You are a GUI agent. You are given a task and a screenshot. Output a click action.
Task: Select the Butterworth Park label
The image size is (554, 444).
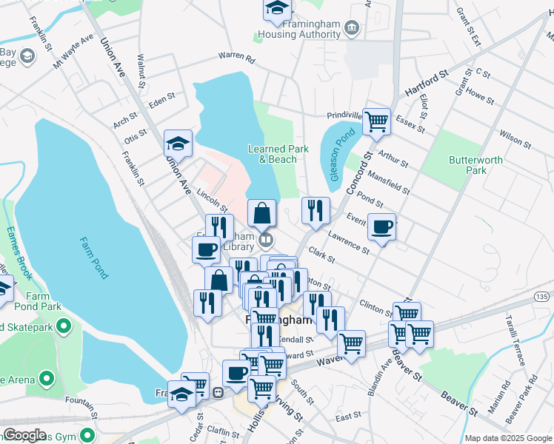point(475,164)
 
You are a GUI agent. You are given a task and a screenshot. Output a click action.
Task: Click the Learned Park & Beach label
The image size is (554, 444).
point(278,154)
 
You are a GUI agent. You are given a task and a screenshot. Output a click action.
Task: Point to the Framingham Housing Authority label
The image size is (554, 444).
point(298,29)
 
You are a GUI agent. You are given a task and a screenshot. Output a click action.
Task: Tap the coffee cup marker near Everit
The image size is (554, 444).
point(382,227)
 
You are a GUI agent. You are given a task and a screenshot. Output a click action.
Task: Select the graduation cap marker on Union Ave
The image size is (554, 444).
point(178,142)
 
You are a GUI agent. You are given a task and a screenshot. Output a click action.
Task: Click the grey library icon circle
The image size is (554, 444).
point(266,240)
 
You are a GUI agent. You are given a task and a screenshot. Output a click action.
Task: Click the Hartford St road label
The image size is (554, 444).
point(427,83)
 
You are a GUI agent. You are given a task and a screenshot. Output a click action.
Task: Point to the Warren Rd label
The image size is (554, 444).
point(236,57)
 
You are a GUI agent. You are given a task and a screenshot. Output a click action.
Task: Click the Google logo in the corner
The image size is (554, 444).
point(24,435)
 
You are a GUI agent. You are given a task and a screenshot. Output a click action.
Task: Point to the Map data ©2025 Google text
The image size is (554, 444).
point(508,438)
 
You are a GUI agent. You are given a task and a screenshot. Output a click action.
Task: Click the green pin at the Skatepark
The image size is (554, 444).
point(64,325)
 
